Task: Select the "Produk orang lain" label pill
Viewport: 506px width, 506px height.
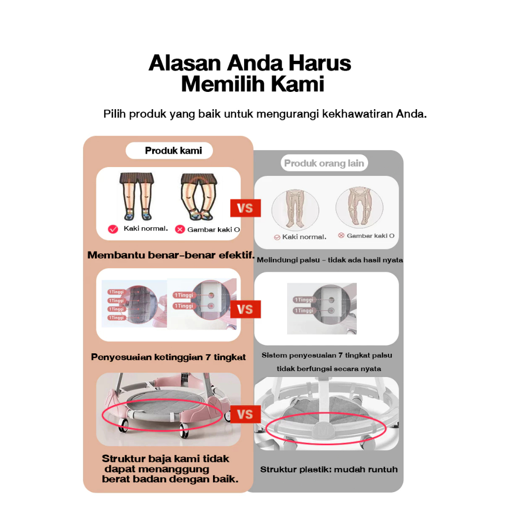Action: [324, 163]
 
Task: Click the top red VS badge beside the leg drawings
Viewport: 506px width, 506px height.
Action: [245, 208]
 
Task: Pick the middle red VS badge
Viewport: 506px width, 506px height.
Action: [245, 309]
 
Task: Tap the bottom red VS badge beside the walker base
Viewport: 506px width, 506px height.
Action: [245, 414]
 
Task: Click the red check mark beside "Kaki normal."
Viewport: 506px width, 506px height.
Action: [113, 229]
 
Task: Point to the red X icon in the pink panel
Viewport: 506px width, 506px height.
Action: [180, 229]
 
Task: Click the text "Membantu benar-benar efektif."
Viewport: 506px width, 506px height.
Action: [171, 255]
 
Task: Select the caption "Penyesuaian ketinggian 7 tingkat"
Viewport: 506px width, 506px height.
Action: [168, 357]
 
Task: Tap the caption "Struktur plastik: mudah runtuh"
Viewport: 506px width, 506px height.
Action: [329, 469]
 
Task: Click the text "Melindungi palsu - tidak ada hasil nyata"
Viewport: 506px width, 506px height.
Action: [330, 260]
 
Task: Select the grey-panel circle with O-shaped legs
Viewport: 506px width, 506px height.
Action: [359, 207]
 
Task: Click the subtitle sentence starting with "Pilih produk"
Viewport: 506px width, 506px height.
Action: [264, 114]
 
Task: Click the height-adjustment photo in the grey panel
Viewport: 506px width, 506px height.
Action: [322, 309]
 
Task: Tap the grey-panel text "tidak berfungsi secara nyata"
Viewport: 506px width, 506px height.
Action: [329, 369]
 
